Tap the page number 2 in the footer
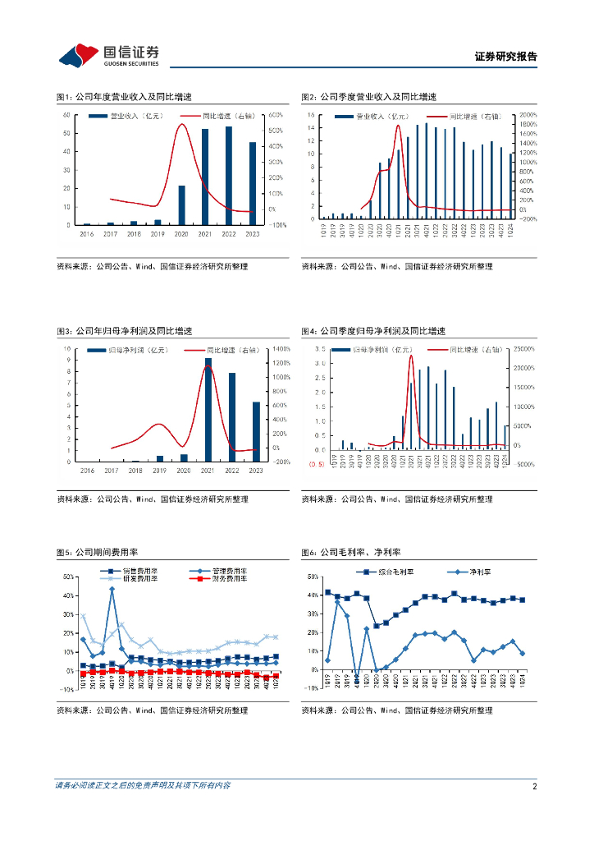click(x=534, y=786)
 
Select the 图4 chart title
click(x=372, y=331)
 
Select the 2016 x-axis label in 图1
click(x=87, y=234)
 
